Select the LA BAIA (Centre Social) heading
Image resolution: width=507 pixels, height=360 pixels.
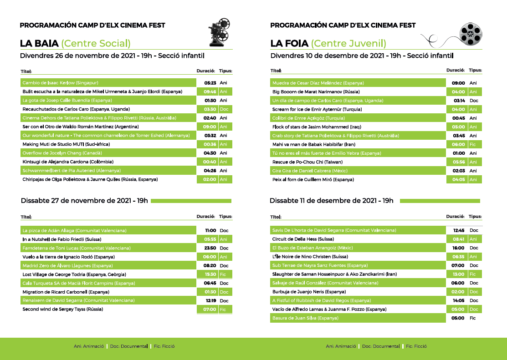coord(75,44)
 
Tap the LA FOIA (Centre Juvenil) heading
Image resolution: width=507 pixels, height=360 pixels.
coord(328,44)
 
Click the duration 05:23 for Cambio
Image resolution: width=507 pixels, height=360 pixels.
coord(210,83)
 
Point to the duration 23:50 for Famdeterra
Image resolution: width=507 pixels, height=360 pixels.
coord(210,248)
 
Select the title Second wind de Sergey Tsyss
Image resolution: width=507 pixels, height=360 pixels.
coord(63,309)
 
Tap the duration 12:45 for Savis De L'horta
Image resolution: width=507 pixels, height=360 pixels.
coord(459,230)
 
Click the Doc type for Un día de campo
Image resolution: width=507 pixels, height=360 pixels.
coord(474,101)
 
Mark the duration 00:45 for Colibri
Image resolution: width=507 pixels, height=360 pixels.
coord(459,118)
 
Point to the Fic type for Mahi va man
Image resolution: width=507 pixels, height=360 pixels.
coord(473,144)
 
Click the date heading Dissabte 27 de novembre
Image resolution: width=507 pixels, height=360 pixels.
coord(84,201)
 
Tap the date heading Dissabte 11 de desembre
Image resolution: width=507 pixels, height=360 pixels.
coord(331,201)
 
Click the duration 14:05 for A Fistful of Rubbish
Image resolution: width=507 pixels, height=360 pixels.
coord(459,300)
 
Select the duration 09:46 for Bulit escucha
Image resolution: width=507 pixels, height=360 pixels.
coord(210,91)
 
